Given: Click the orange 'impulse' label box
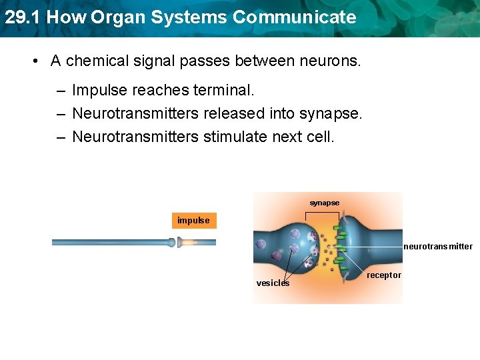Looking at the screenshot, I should tap(194, 221).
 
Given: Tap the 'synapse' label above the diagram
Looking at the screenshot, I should tap(324, 203).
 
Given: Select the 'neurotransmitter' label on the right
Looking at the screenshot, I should tap(437, 247).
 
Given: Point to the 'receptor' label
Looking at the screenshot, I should tap(384, 275).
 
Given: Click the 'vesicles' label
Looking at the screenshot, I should tap(273, 283).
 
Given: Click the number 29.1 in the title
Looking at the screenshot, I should tap(22, 17).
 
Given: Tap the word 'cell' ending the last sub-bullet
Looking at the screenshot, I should tap(321, 137).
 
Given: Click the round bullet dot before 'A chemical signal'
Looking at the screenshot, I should tap(34, 62).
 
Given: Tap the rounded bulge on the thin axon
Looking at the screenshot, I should tap(171, 243).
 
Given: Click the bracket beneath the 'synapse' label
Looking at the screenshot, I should tap(324, 215).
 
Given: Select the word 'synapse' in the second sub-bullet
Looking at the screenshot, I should tap(331, 115).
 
